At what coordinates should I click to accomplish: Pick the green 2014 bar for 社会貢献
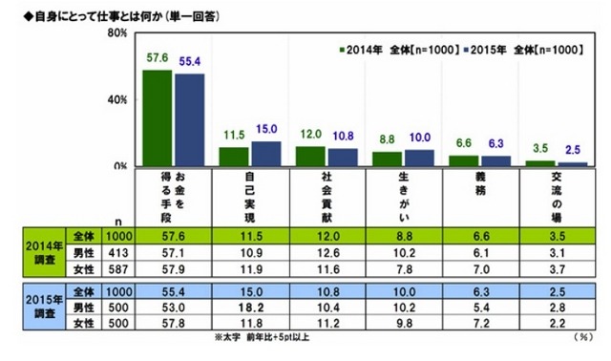pos(309,157)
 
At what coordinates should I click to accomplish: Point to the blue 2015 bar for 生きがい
pos(417,158)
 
